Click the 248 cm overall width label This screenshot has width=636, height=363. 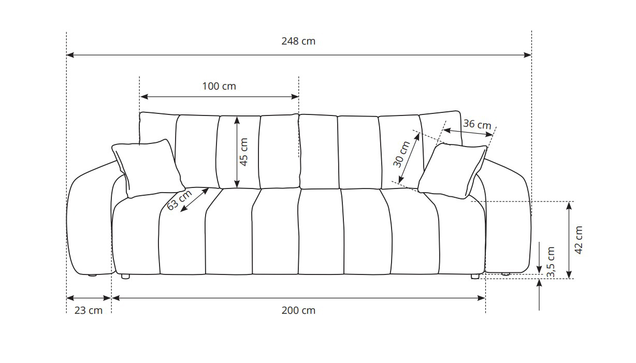298,41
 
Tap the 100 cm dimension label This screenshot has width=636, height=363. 219,86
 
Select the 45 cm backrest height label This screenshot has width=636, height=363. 243,152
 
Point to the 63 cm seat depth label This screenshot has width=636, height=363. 179,200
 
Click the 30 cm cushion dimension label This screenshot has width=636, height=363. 401,154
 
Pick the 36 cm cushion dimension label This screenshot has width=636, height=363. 477,124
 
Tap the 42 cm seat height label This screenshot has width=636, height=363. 579,240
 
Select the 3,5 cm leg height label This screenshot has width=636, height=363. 551,262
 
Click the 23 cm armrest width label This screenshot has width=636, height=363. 88,310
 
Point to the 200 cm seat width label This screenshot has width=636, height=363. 298,310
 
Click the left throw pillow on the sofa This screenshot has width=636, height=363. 148,168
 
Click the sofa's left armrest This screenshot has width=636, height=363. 90,219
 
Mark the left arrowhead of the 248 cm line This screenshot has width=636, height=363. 70,55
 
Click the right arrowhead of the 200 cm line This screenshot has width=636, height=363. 481,298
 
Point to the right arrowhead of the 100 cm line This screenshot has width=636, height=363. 295,97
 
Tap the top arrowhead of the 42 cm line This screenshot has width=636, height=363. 569,206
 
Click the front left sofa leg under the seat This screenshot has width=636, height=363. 125,276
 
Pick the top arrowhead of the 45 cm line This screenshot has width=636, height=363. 237,120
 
